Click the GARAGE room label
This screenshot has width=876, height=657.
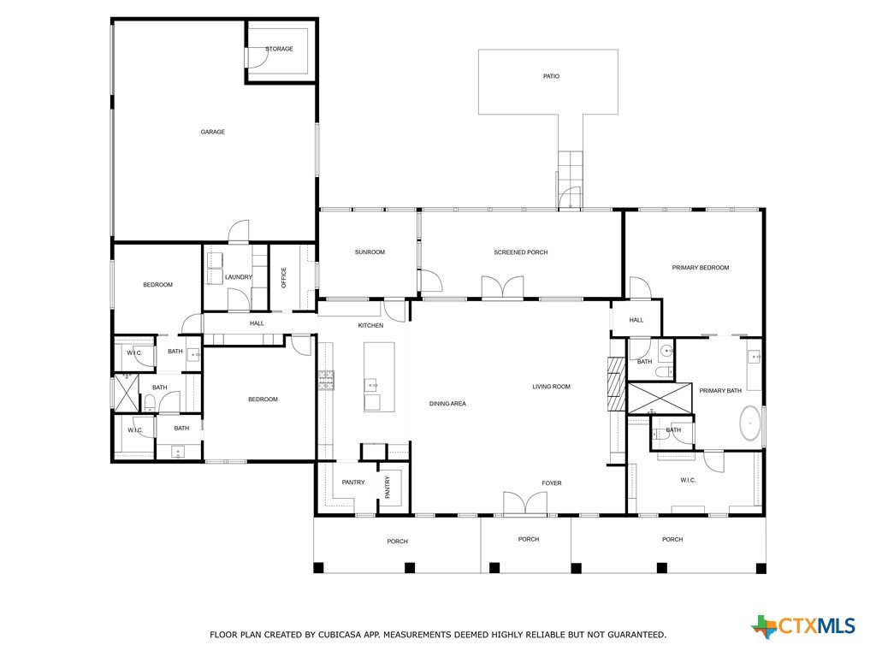click(213, 132)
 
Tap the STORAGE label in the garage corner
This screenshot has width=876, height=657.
click(280, 49)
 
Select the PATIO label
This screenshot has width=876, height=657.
click(551, 76)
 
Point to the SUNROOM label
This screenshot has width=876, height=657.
click(370, 252)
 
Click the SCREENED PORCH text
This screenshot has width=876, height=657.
click(521, 252)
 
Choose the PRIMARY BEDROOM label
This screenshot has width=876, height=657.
click(701, 268)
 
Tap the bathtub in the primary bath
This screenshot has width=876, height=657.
click(749, 423)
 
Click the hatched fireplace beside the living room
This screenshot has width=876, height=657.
click(617, 384)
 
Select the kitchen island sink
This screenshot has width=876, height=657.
click(371, 385)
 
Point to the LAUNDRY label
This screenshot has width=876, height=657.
click(239, 277)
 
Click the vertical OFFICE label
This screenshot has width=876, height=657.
click(283, 278)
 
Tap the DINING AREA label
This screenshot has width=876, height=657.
click(447, 404)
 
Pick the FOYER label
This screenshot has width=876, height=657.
click(552, 483)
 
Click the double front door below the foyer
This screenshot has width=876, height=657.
click(525, 502)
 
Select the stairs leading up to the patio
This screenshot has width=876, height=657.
click(570, 169)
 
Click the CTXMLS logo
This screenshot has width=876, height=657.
click(803, 626)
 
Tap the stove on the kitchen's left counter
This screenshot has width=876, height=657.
click(326, 380)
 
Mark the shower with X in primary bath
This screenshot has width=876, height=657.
click(660, 399)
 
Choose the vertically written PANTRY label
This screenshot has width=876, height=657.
click(388, 487)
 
